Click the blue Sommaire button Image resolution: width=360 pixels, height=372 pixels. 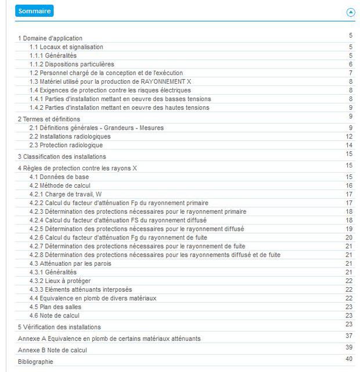click(x=34, y=11)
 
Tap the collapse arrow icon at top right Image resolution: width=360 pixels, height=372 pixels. click(x=350, y=12)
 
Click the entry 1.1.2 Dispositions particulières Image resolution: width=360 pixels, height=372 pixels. click(x=72, y=64)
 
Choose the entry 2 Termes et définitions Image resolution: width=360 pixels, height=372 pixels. click(x=49, y=119)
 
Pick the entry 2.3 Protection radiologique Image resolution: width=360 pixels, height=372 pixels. click(x=66, y=145)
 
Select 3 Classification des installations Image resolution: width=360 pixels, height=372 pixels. click(x=62, y=156)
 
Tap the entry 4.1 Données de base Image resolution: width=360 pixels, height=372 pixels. click(x=59, y=177)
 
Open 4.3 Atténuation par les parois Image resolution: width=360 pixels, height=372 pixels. click(x=70, y=263)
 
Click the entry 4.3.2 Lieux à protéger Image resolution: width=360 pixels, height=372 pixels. click(x=60, y=281)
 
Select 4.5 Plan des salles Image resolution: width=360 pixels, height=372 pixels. click(x=55, y=307)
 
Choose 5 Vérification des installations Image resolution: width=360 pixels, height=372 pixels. click(x=59, y=327)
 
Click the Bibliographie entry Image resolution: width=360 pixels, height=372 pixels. click(x=35, y=362)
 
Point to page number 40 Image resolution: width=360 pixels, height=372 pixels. click(x=349, y=359)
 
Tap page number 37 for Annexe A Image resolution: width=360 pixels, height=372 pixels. click(x=349, y=335)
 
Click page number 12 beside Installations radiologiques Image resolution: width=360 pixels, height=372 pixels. click(x=349, y=137)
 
